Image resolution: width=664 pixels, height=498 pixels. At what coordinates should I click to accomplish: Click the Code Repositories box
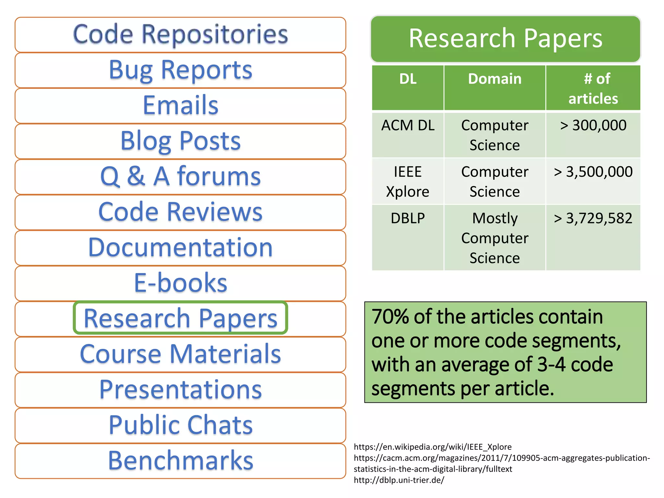[180, 34]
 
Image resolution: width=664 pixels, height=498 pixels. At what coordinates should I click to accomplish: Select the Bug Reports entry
[180, 70]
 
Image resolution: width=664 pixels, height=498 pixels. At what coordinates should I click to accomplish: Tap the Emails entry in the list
[180, 105]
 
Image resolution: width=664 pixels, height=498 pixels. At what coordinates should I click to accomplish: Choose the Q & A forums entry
[180, 176]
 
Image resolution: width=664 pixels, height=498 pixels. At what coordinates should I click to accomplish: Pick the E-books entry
[180, 283]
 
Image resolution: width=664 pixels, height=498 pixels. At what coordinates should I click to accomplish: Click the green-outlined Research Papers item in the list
[180, 318]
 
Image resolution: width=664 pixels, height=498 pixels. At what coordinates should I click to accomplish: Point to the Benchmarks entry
[180, 460]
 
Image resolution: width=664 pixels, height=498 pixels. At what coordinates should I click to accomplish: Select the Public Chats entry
[180, 425]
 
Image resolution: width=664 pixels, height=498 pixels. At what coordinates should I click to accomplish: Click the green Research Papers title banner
[505, 39]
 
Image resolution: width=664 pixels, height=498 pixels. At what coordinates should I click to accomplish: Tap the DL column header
[408, 79]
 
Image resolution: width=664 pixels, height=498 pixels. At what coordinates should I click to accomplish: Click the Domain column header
[495, 79]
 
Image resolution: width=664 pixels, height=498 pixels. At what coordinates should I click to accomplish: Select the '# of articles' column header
[593, 88]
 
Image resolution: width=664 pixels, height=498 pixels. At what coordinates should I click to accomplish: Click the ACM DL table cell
[408, 125]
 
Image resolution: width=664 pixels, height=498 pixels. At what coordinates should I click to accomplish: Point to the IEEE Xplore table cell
[408, 182]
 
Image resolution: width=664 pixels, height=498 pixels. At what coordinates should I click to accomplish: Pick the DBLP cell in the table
[408, 218]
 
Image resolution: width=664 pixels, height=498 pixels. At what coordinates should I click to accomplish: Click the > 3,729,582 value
[593, 218]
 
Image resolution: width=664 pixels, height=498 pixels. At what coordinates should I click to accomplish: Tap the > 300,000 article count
[593, 125]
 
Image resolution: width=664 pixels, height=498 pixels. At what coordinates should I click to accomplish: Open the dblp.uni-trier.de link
[399, 480]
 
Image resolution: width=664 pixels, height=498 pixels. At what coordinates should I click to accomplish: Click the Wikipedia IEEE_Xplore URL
[433, 447]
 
